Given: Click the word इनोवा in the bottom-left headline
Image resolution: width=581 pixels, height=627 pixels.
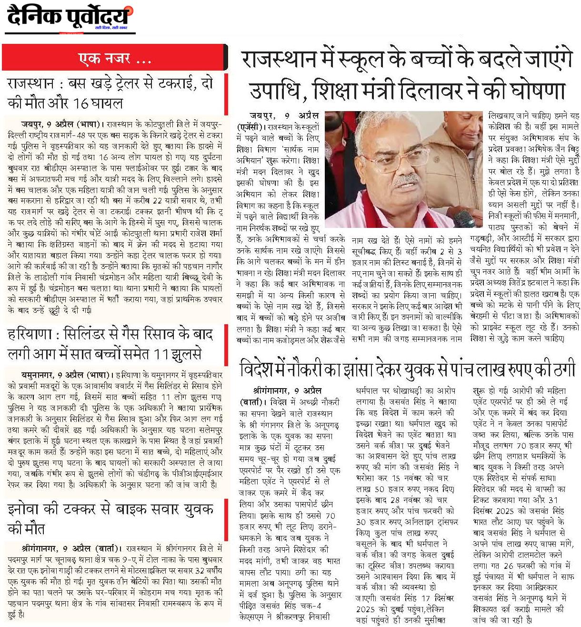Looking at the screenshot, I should (x=29, y=509).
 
